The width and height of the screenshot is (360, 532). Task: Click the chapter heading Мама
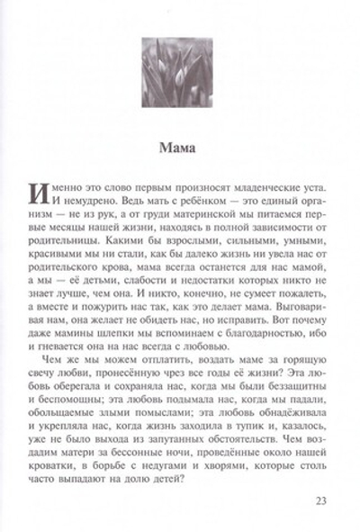(x=180, y=143)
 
